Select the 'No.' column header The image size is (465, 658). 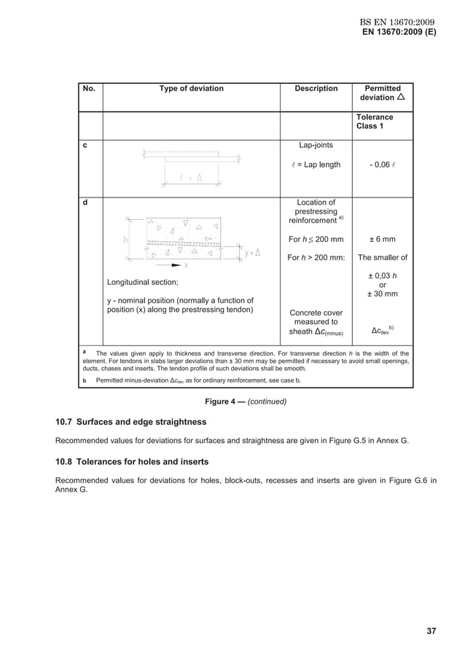[89, 89]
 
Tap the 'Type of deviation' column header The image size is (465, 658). [191, 89]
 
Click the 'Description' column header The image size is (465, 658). [316, 89]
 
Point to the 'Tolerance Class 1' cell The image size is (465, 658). [375, 122]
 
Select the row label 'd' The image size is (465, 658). [85, 203]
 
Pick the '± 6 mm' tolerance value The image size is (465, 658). [382, 239]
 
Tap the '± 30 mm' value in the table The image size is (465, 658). [382, 294]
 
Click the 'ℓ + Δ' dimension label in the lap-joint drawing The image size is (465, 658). [192, 178]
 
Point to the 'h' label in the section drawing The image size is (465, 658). [125, 238]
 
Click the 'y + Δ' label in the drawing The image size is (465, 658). [253, 253]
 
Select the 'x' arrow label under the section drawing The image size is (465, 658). [185, 265]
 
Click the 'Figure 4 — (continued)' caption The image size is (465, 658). [246, 402]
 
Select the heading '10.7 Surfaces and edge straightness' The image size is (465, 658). [131, 422]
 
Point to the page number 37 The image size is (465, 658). [431, 631]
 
